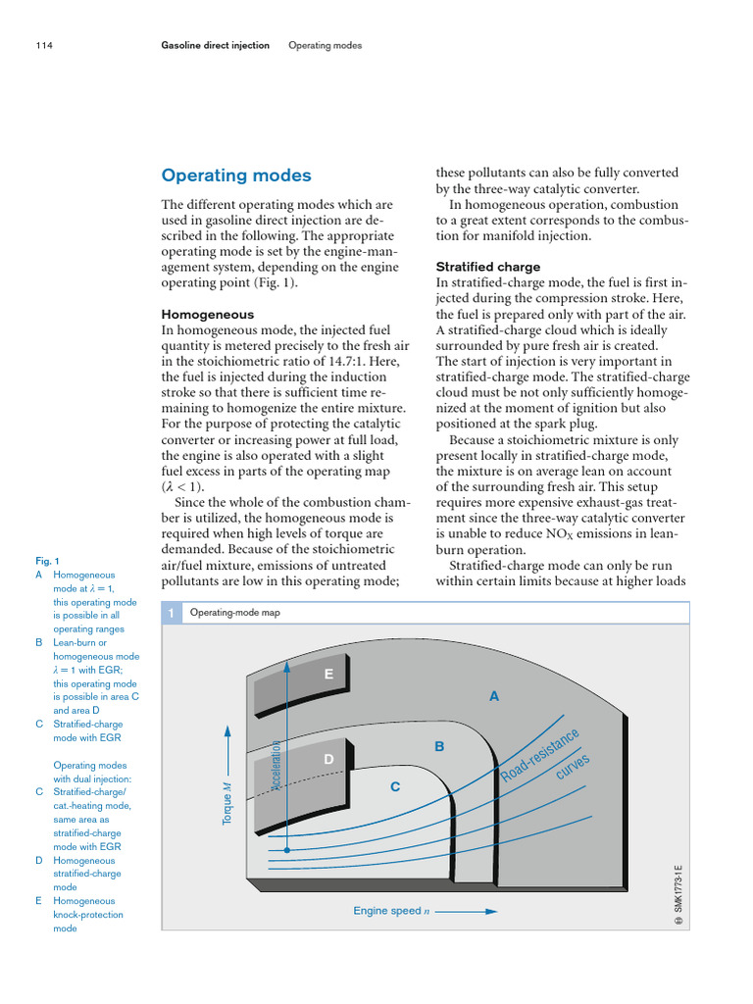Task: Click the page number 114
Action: [43, 45]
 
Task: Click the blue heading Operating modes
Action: [235, 176]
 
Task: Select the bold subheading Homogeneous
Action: [207, 315]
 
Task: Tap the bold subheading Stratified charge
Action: [487, 267]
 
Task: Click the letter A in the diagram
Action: [494, 696]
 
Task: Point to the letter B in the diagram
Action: [439, 747]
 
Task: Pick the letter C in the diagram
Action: [395, 786]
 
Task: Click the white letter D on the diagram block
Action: [328, 759]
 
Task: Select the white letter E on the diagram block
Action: [328, 675]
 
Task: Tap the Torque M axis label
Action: [227, 803]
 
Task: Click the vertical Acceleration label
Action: [276, 764]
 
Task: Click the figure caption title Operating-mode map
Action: [234, 612]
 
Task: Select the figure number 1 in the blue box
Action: [171, 612]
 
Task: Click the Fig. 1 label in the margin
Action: [47, 561]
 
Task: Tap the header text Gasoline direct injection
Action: [215, 45]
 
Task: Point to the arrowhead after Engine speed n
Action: [492, 911]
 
